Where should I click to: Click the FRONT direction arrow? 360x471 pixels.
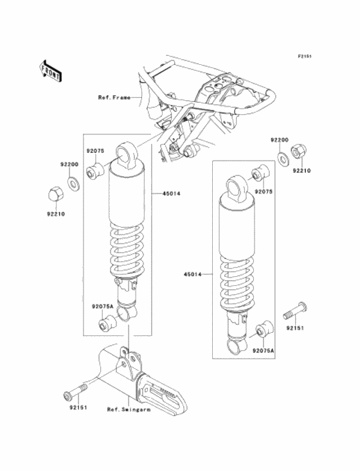click(51, 71)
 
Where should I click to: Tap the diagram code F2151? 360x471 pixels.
click(305, 56)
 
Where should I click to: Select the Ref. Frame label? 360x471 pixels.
click(114, 98)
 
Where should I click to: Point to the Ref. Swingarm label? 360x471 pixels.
click(129, 409)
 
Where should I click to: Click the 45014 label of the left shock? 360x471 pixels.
click(171, 194)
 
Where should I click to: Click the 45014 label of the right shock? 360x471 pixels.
click(193, 274)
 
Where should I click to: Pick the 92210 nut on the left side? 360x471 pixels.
click(56, 194)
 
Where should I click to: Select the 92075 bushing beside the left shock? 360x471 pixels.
click(94, 171)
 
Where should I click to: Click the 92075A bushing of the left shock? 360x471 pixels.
click(107, 323)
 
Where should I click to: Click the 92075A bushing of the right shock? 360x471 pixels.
click(264, 329)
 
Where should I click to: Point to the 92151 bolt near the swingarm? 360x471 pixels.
click(75, 391)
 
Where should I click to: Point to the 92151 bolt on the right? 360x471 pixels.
click(295, 310)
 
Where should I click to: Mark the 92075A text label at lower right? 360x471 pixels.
click(264, 350)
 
